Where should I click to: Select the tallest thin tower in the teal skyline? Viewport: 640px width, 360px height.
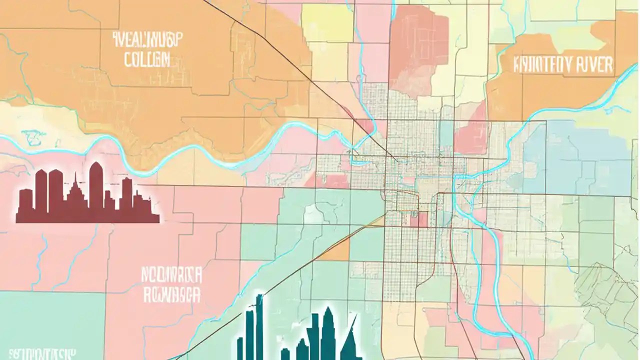click(x=259, y=325)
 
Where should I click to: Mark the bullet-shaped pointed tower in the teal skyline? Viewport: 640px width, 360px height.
click(x=327, y=330)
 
